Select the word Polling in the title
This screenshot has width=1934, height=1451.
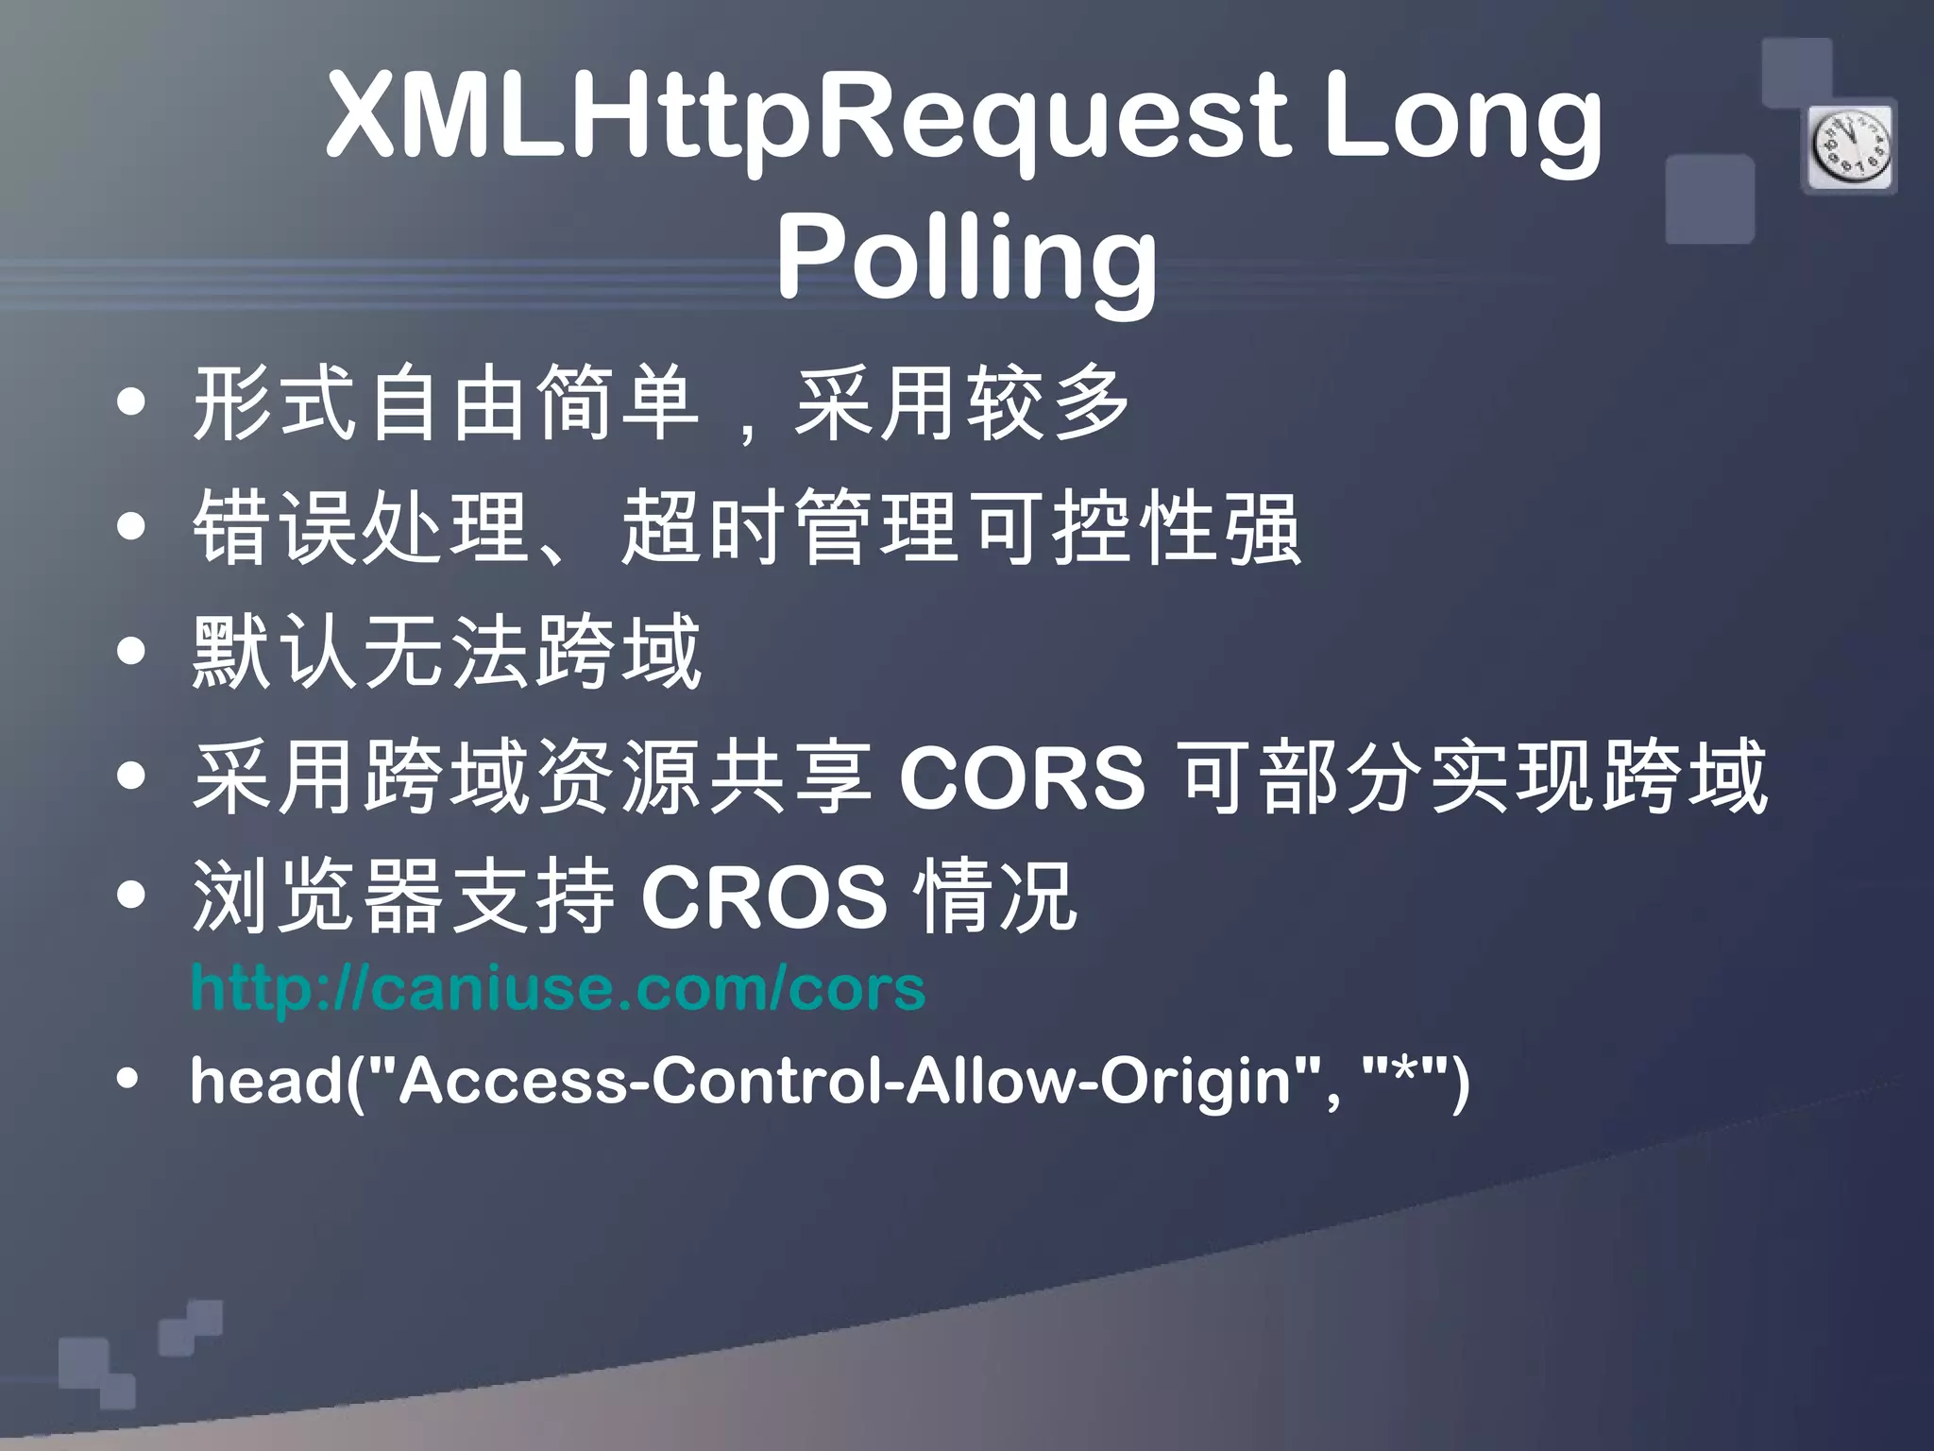967,257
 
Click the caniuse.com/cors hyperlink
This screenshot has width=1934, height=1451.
557,988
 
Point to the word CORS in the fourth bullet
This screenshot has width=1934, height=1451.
1022,777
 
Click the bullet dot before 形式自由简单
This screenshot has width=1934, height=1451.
132,403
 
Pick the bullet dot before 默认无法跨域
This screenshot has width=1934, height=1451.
132,651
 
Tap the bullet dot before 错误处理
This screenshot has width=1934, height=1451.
132,527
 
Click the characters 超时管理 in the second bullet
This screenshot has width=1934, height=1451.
789,527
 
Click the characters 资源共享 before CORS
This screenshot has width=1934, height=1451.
703,777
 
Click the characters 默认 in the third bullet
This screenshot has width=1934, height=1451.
275,651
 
